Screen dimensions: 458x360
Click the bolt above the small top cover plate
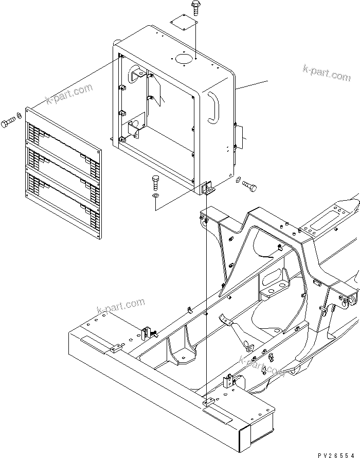[196, 7]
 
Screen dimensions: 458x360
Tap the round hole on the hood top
[183, 59]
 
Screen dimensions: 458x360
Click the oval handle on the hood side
[212, 108]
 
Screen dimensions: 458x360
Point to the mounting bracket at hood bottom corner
[209, 188]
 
